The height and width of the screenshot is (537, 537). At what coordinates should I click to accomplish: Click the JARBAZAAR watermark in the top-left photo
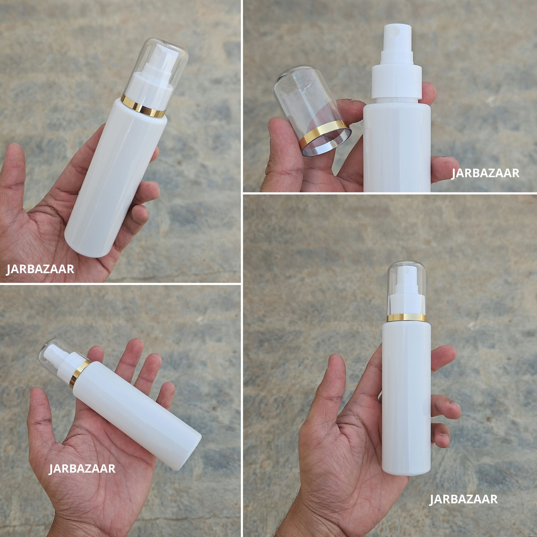(x=40, y=269)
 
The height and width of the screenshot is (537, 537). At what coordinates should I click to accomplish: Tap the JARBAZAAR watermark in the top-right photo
(x=485, y=173)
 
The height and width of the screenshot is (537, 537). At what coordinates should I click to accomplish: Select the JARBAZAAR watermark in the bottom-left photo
(x=82, y=468)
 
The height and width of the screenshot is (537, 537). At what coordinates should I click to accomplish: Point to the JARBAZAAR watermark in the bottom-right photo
(x=463, y=499)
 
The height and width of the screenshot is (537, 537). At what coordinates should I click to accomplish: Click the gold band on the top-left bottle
(x=143, y=106)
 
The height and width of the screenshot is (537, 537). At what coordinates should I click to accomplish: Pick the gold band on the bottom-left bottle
(x=80, y=374)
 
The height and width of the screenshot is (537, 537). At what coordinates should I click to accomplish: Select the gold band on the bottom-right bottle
(x=406, y=318)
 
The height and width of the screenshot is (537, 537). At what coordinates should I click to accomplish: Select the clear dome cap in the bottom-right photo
(x=406, y=289)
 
